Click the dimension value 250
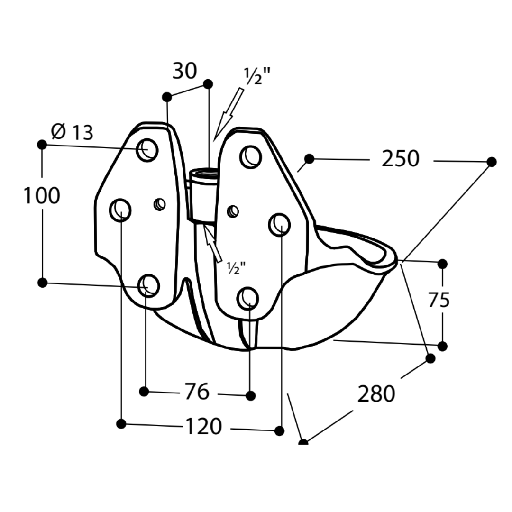coord(400,159)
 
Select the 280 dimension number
coord(376,394)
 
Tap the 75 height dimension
coord(439,300)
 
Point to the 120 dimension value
coord(203,427)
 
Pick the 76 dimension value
coord(197,392)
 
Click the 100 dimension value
coord(42,196)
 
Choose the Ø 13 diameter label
coord(72,132)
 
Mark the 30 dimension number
coord(184,71)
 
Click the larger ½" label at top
coord(257,76)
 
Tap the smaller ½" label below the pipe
coord(236,268)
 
